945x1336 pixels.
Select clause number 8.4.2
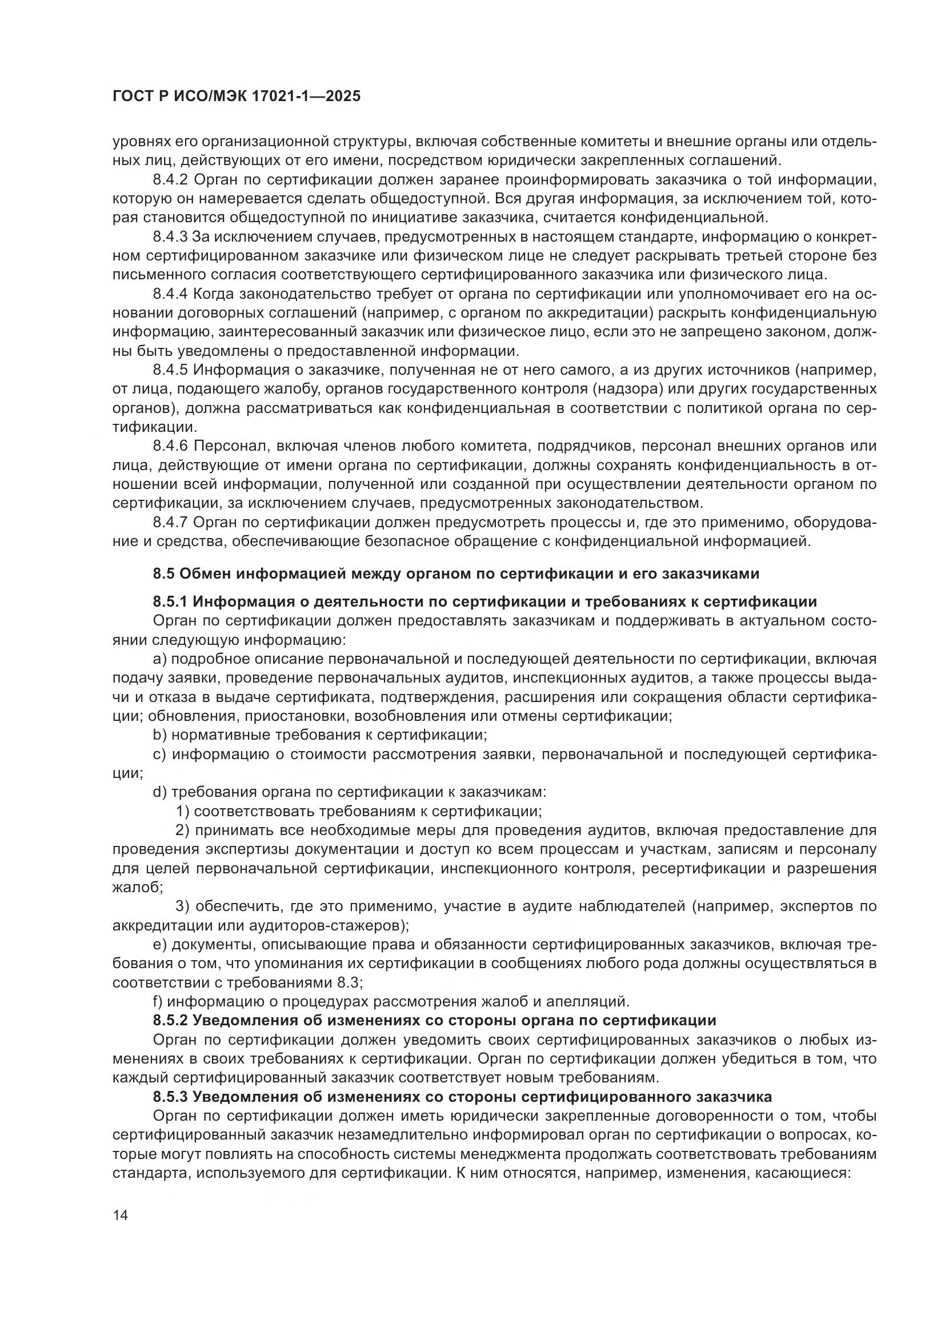(171, 180)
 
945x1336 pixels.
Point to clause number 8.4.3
(171, 237)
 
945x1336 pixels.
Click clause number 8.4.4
(171, 294)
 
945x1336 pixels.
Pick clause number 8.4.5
(171, 370)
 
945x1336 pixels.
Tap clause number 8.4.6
(171, 446)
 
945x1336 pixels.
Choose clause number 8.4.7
(171, 523)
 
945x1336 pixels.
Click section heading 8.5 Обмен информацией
(456, 573)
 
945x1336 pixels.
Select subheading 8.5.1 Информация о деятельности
(484, 601)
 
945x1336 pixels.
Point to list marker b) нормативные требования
(160, 735)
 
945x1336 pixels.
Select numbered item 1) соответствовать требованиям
(182, 811)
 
